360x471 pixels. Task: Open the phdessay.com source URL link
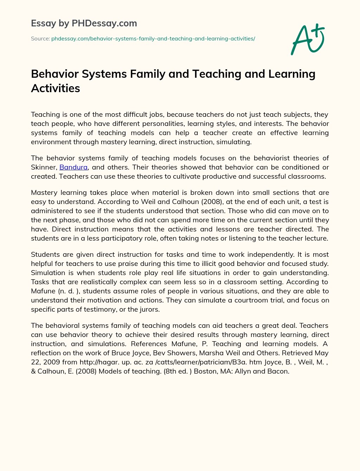[153, 39]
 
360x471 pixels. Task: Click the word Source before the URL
[40, 39]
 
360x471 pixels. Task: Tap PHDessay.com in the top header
[104, 23]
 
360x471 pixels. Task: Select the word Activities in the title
[56, 88]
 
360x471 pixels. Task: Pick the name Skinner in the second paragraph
[43, 167]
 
